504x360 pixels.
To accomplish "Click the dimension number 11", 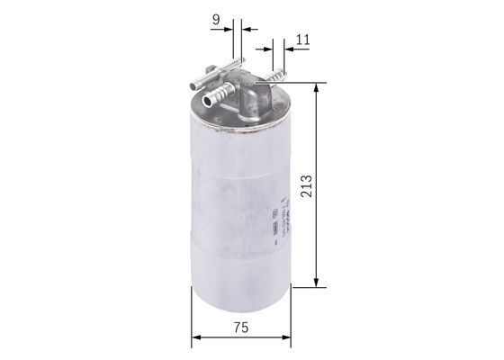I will pos(302,39).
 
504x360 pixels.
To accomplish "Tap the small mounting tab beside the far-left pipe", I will pos(208,73).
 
